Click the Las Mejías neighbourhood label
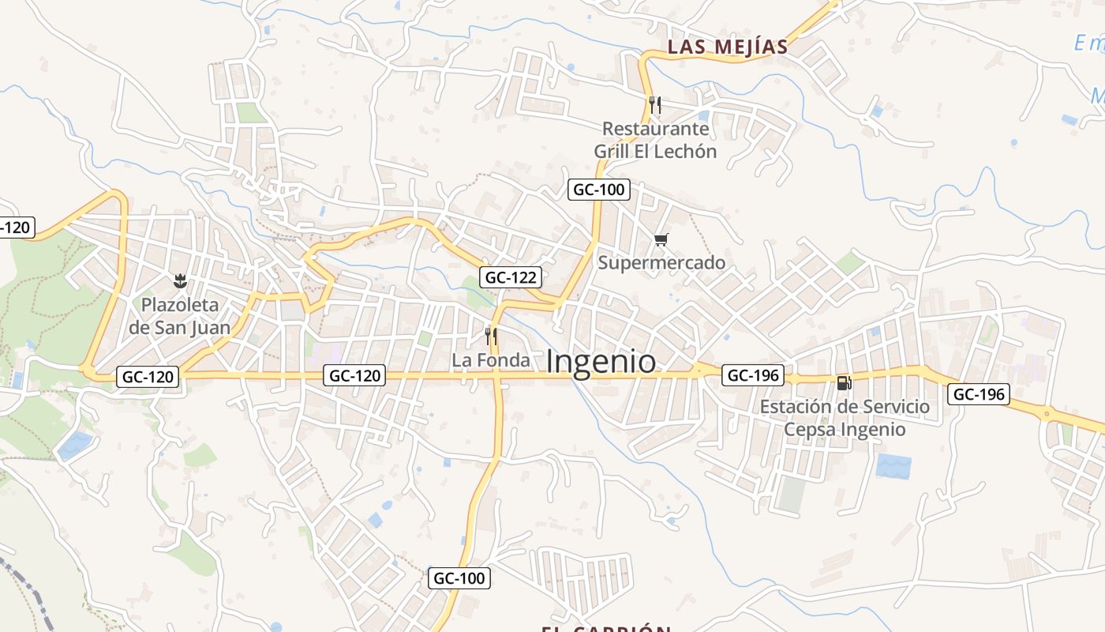point(728,47)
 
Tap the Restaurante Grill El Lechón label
point(655,140)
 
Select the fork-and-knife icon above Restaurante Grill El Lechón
point(654,104)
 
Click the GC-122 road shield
point(511,277)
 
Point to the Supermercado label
point(661,262)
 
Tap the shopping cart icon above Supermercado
point(661,239)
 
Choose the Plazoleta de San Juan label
point(180,316)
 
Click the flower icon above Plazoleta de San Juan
point(180,280)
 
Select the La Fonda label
point(491,360)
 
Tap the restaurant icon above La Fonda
point(491,337)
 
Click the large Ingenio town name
point(601,362)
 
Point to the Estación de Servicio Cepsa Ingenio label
point(845,418)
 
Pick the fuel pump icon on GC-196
point(844,383)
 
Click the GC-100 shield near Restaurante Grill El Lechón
point(598,190)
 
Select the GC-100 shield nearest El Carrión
point(459,578)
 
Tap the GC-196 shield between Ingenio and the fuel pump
point(753,375)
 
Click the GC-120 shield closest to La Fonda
point(354,376)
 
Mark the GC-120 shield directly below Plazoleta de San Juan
point(148,377)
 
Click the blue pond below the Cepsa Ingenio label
point(893,466)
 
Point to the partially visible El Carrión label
point(606,628)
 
